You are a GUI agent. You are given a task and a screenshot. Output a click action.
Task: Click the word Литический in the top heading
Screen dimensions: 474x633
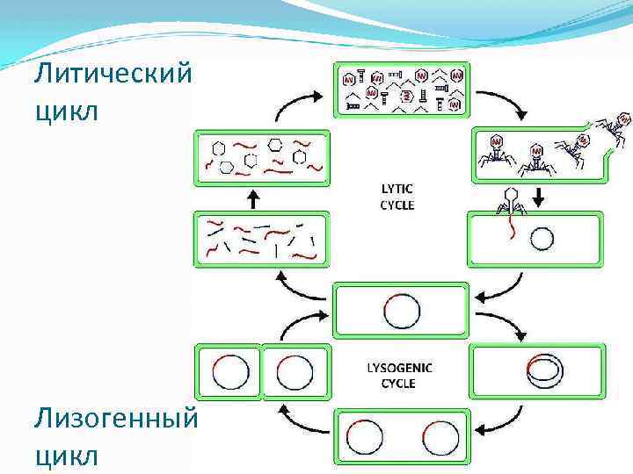pos(112,74)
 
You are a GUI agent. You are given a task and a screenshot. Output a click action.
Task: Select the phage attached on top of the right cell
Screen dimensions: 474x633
pos(507,202)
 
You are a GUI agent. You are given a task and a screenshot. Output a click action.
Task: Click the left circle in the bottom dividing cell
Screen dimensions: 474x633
pos(365,436)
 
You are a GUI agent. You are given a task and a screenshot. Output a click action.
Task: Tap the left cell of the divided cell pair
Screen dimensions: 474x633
pos(229,372)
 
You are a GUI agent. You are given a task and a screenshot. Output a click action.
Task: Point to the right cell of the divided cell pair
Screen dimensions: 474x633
pos(295,372)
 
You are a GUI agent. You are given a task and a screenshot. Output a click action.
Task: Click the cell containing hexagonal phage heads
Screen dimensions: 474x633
pos(262,157)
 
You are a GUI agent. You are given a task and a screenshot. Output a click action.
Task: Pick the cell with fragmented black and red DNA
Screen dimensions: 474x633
pos(261,240)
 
